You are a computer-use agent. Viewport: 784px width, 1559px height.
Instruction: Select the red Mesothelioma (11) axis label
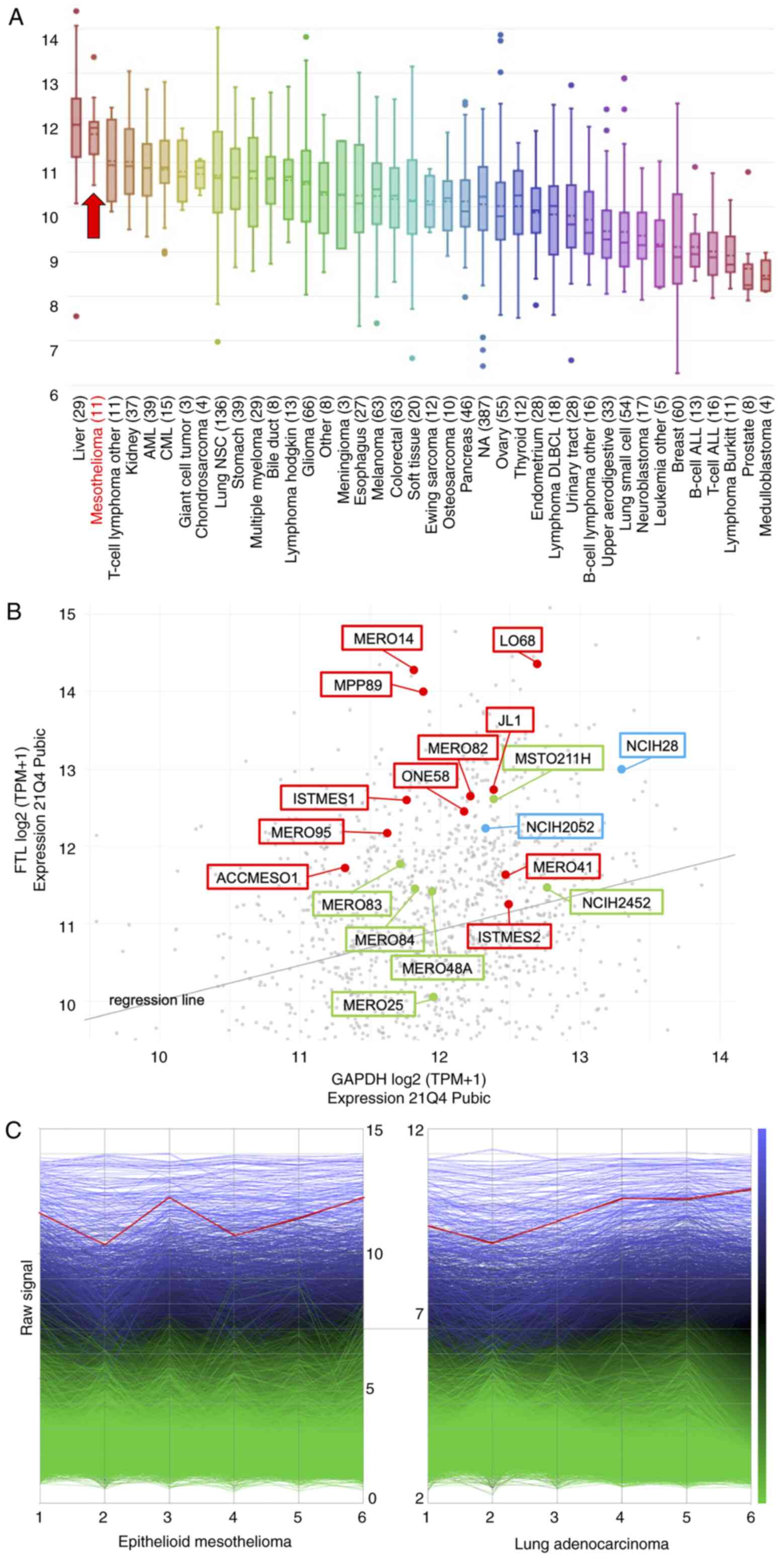97,460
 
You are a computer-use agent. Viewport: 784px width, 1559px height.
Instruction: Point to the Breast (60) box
677,239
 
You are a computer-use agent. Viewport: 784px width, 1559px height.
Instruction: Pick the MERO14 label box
382,638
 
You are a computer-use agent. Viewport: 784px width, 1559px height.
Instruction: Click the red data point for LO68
537,664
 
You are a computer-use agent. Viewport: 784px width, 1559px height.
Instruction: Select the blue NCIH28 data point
621,769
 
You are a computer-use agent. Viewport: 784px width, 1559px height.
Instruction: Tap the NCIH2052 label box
560,827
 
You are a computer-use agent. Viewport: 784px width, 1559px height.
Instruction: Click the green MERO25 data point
433,997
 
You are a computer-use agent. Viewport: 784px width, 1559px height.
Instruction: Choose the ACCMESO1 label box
257,877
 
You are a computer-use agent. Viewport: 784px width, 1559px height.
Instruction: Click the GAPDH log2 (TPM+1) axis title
408,1079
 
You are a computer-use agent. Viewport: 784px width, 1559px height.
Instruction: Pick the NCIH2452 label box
616,902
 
